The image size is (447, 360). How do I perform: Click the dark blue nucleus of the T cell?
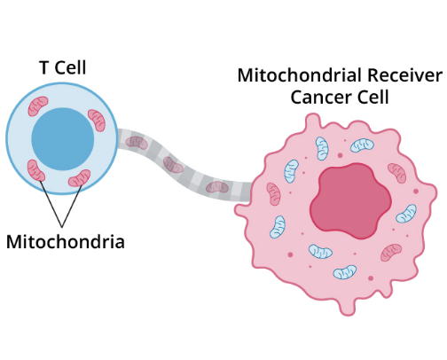click(63, 139)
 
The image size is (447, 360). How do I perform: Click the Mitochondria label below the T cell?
click(65, 240)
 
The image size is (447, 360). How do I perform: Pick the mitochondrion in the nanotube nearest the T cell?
click(136, 142)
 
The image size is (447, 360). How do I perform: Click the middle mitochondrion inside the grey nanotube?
click(175, 166)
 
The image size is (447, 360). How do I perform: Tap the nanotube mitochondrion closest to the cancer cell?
click(216, 186)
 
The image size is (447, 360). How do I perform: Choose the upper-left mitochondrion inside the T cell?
click(38, 107)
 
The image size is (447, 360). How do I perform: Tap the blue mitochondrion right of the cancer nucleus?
click(406, 214)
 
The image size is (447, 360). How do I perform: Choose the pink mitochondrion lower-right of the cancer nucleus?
click(391, 253)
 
